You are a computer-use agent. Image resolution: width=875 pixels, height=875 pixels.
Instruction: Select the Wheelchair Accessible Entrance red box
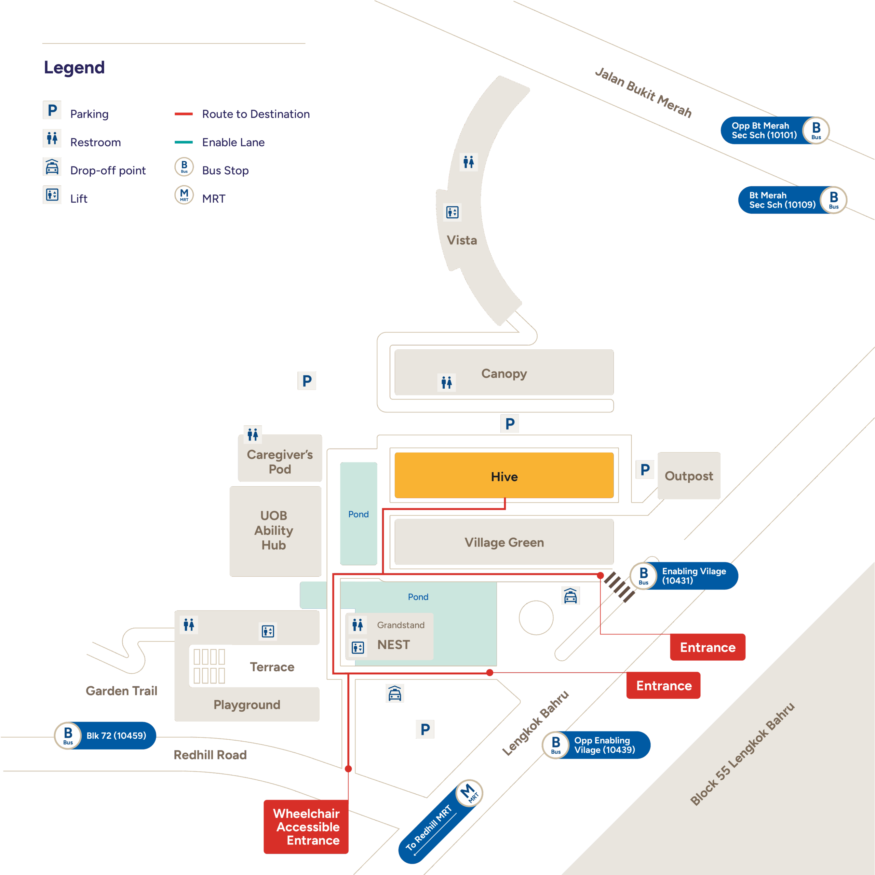[x=306, y=826]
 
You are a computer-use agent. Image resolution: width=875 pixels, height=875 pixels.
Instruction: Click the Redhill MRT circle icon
[x=469, y=793]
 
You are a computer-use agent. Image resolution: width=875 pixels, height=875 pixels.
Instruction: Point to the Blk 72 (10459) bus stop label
[x=116, y=736]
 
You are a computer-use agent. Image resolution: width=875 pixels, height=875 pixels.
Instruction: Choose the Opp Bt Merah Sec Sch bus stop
[x=774, y=131]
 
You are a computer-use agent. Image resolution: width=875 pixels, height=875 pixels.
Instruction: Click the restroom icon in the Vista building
[x=468, y=162]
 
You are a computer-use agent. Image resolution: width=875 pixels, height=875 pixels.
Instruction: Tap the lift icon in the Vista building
[x=452, y=212]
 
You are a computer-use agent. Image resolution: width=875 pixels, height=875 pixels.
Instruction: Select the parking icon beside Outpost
[x=645, y=470]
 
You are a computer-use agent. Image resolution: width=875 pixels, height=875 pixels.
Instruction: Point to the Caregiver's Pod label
[x=280, y=461]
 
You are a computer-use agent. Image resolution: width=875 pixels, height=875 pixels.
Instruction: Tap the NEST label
[x=393, y=645]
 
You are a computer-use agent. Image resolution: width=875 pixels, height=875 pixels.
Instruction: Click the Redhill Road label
[x=210, y=755]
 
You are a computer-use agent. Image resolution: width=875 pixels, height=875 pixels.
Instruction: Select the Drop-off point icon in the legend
[x=52, y=167]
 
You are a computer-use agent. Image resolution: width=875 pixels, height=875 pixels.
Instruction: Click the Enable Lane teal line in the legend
[x=184, y=142]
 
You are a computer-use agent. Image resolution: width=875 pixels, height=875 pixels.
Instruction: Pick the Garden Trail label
[x=121, y=691]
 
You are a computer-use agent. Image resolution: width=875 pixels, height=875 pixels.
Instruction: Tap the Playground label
[x=247, y=705]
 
